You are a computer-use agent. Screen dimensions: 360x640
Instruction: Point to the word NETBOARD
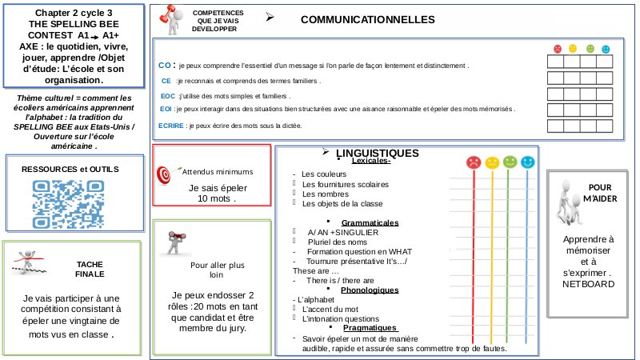click(586, 284)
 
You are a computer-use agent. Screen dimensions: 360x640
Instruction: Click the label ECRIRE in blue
click(171, 126)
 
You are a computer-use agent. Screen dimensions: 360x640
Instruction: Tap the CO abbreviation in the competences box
click(165, 65)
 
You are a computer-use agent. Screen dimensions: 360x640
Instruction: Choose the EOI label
click(166, 110)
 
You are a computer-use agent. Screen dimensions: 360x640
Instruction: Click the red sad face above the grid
click(558, 48)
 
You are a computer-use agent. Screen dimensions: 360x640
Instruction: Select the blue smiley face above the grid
click(605, 48)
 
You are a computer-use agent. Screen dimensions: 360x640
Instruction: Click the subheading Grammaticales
click(370, 223)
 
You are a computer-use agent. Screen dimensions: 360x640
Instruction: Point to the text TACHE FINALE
click(90, 268)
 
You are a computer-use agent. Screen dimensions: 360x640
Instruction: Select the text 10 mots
click(211, 198)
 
